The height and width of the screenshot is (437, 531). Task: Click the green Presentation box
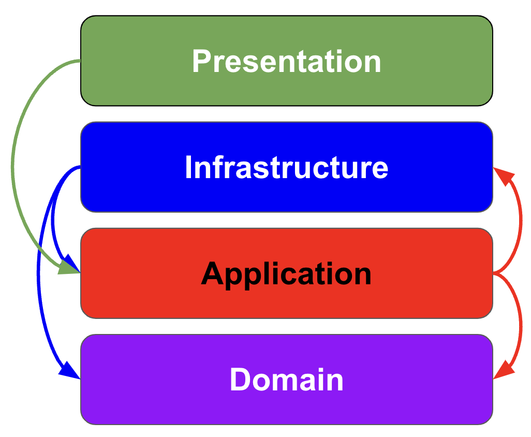point(287,61)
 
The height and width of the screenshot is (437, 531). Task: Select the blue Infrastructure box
point(287,167)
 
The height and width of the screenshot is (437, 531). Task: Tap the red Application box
point(287,273)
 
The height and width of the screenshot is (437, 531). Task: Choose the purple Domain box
point(287,380)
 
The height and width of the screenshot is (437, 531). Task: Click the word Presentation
point(287,61)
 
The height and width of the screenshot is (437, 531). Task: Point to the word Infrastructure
point(287,167)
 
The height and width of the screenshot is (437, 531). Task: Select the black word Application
point(287,274)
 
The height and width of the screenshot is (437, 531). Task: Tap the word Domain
point(287,380)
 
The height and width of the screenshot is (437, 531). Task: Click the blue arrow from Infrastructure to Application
point(53,217)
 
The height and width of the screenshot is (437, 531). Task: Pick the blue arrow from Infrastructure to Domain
point(38,271)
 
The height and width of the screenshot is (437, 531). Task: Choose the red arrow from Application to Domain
point(521,325)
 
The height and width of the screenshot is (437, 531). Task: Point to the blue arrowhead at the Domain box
point(70,371)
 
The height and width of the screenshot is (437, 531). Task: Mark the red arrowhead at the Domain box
point(504,371)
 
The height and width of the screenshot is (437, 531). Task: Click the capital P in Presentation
point(201,61)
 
